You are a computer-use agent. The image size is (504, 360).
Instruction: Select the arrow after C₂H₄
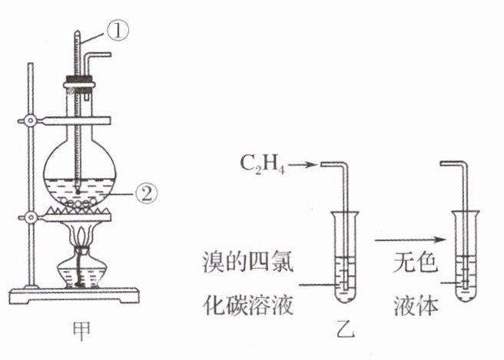pos(303,163)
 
